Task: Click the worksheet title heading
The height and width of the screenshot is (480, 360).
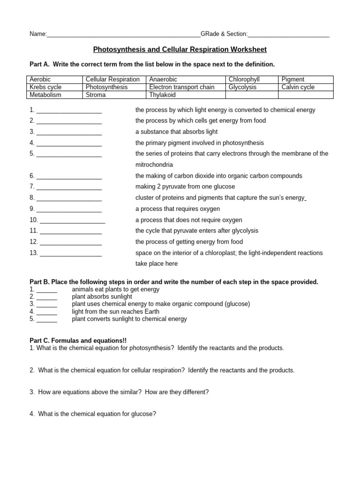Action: pyautogui.click(x=180, y=49)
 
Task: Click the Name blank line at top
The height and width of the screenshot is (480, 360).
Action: pyautogui.click(x=123, y=35)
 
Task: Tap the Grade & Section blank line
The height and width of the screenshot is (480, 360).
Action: pyautogui.click(x=288, y=35)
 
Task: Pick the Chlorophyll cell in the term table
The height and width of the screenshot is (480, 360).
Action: pyautogui.click(x=243, y=80)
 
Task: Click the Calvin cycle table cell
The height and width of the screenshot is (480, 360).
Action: pyautogui.click(x=298, y=87)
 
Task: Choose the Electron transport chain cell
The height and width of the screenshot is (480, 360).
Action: pyautogui.click(x=181, y=87)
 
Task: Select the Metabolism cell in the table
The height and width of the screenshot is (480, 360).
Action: pyautogui.click(x=45, y=95)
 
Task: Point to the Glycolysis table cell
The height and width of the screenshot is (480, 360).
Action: pyautogui.click(x=242, y=87)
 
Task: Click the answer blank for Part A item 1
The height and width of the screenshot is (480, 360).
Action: pyautogui.click(x=69, y=111)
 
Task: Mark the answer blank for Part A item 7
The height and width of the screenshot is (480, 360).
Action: pyautogui.click(x=69, y=187)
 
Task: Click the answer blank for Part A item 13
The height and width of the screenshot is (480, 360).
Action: pyautogui.click(x=71, y=254)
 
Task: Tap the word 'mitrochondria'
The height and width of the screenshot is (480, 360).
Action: pyautogui.click(x=154, y=165)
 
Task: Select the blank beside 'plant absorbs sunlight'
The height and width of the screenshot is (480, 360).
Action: pyautogui.click(x=46, y=297)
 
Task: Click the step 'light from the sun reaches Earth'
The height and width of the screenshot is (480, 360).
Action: pyautogui.click(x=115, y=311)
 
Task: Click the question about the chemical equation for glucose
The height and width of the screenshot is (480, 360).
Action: pyautogui.click(x=97, y=414)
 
